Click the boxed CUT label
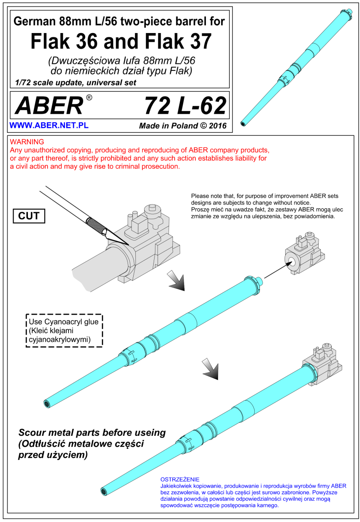coord(29,216)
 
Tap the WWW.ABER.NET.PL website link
coord(49,125)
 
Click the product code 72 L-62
coord(185,106)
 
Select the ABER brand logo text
coord(49,106)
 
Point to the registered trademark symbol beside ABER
coord(89,97)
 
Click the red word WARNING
coord(27,142)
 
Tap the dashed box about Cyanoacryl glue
coord(64,331)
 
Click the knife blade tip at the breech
coord(129,244)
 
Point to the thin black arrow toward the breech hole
coord(278,270)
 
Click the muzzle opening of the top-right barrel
coord(243,124)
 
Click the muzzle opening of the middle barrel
coord(47,403)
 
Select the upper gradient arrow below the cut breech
coord(176,281)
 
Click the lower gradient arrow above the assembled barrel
coord(211,369)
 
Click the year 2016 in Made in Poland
coord(218,126)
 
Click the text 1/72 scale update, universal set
coord(76,83)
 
